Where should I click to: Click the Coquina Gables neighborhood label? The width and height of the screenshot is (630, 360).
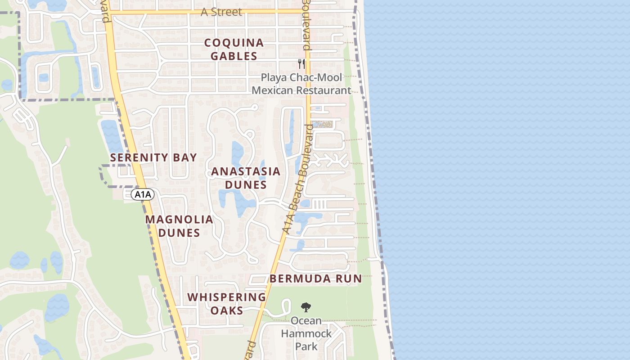(x=234, y=49)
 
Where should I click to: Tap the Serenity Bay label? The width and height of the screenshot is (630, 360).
(x=153, y=157)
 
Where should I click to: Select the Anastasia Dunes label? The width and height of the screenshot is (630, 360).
(x=246, y=178)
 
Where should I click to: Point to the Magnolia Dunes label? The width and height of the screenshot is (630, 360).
(x=179, y=226)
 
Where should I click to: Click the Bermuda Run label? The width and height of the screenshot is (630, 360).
(x=316, y=279)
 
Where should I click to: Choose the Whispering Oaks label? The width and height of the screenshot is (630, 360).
(x=227, y=304)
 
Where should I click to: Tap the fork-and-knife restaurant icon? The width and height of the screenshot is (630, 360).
(x=301, y=64)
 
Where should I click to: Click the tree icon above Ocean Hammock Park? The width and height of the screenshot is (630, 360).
(x=306, y=307)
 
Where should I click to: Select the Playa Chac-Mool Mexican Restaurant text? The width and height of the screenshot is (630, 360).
(x=301, y=84)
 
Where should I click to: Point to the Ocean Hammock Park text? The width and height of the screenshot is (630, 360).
(x=306, y=333)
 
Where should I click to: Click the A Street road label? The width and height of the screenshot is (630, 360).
(x=221, y=12)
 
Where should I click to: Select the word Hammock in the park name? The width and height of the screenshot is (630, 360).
(x=306, y=334)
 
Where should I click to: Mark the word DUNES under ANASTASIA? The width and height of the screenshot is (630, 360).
(x=246, y=185)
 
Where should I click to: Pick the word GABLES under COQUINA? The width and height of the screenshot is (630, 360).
(x=234, y=56)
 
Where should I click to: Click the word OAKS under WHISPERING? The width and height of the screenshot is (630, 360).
(x=227, y=310)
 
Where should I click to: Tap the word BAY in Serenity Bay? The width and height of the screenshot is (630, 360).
(x=184, y=157)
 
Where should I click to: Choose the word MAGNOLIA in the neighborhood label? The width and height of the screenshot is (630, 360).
(x=179, y=220)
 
